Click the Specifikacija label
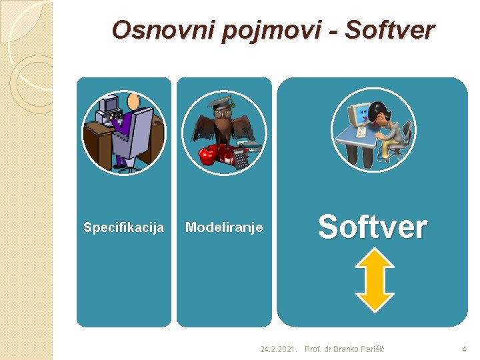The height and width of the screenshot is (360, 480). [x=123, y=228]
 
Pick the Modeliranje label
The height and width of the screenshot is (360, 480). [x=224, y=228]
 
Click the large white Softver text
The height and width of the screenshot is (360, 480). [x=372, y=227]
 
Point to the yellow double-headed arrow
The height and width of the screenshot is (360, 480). [x=375, y=280]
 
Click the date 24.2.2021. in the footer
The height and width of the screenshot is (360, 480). [x=279, y=349]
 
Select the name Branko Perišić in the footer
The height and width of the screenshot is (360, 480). [x=359, y=349]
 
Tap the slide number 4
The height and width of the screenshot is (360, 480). [x=464, y=349]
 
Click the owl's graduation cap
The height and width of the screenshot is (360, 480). [x=220, y=103]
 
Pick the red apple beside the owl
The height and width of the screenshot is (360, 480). [x=209, y=156]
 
